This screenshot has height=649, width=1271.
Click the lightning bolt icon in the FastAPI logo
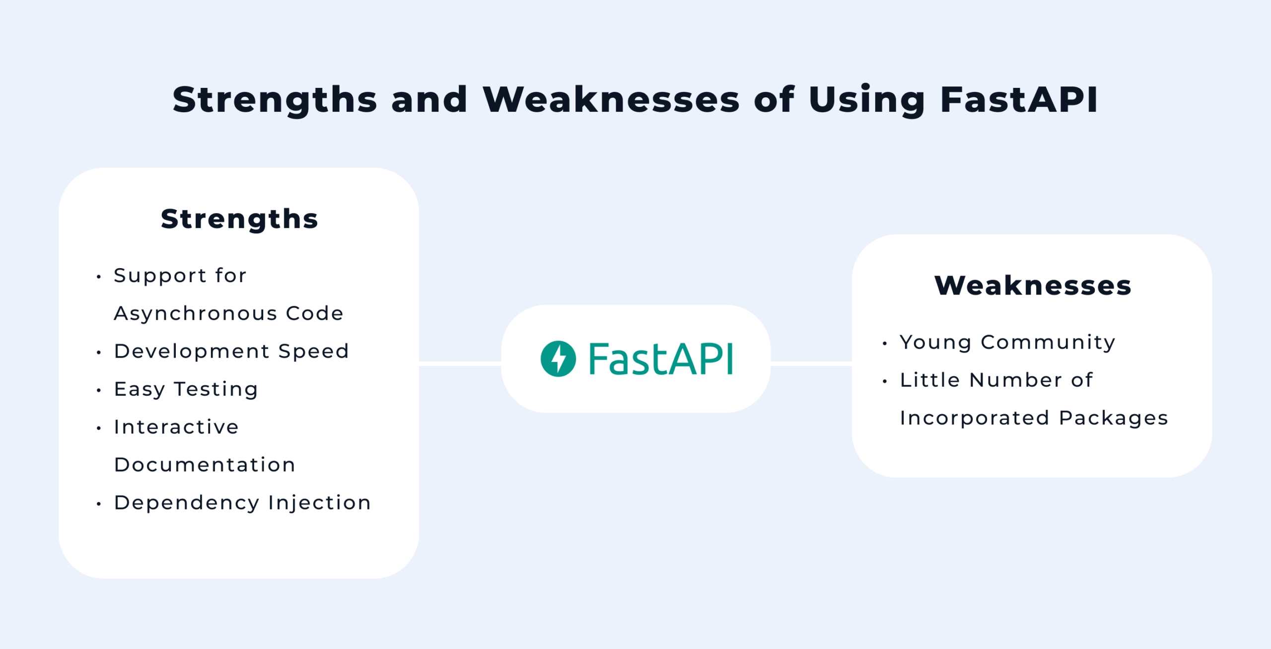coord(558,359)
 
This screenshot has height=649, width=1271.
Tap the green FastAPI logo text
coord(660,359)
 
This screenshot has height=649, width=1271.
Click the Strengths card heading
coord(239,219)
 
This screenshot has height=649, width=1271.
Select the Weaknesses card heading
coord(1033,286)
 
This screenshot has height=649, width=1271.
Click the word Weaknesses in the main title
coord(611,99)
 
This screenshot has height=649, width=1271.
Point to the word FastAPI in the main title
coord(1019,99)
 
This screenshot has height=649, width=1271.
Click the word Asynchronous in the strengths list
coord(196,314)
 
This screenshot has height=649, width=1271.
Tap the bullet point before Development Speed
coord(99,353)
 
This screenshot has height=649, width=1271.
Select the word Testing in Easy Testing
coord(216,389)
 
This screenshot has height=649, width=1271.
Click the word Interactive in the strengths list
coord(176,427)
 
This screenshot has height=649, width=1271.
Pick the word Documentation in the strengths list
coord(205,465)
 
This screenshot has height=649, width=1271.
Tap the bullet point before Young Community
coord(885,343)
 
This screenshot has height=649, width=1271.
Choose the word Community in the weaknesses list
coord(1048,342)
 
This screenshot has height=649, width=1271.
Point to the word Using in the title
coord(867,100)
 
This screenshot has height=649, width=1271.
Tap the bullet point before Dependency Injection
coord(99,504)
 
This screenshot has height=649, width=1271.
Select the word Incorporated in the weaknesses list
coord(975,418)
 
